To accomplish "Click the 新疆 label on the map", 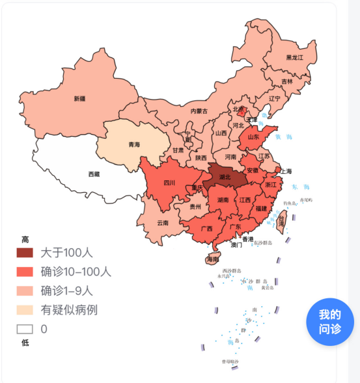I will [x=79, y=99].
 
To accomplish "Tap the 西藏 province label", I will [x=94, y=174].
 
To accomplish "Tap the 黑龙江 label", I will [x=294, y=57].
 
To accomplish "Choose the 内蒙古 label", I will [x=199, y=111].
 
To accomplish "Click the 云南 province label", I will [x=163, y=223].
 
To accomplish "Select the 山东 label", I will [x=253, y=137].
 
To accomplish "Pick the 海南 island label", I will [x=212, y=259].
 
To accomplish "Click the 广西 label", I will [x=207, y=229].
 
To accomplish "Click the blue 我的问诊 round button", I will [x=329, y=322].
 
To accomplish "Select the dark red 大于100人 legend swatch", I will [x=25, y=253].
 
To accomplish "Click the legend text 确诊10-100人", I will [x=76, y=272].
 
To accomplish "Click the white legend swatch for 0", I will [x=25, y=329].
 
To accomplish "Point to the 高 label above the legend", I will [x=25, y=240].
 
